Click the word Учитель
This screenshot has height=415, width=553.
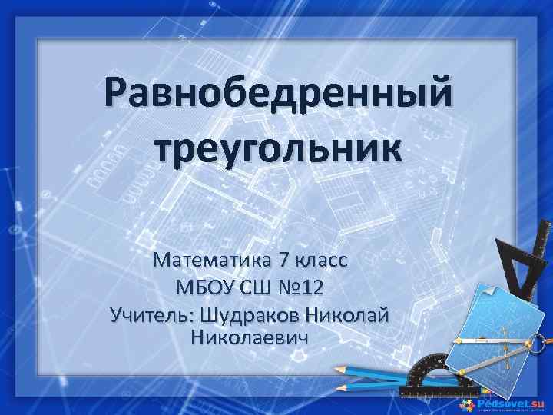[153, 314]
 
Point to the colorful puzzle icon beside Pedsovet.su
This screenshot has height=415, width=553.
[468, 403]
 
